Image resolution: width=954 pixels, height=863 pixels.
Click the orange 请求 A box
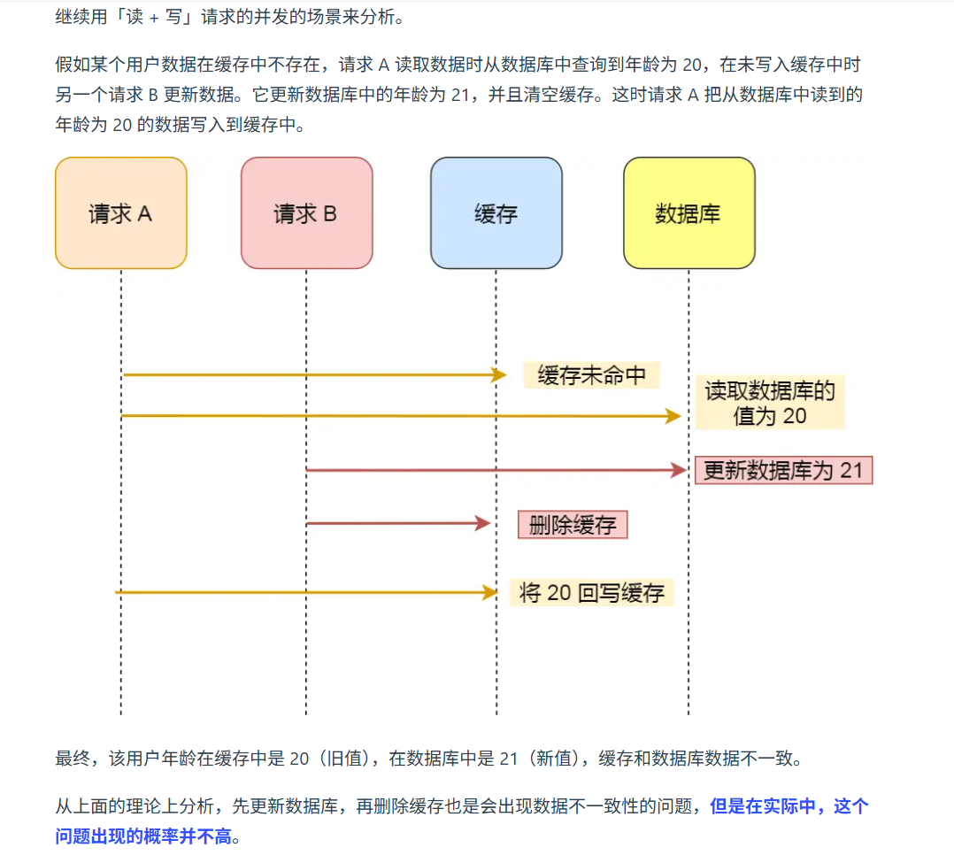pyautogui.click(x=120, y=213)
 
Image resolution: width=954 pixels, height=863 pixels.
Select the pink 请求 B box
pyautogui.click(x=306, y=213)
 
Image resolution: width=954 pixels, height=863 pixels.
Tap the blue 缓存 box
pyautogui.click(x=496, y=213)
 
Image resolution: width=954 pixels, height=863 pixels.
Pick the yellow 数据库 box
pyautogui.click(x=689, y=213)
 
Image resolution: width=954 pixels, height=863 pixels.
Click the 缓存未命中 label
pyautogui.click(x=591, y=375)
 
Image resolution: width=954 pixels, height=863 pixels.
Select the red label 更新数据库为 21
pyautogui.click(x=783, y=470)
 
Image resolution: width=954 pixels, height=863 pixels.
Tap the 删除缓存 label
pyautogui.click(x=573, y=525)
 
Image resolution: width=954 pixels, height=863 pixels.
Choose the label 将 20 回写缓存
pyautogui.click(x=591, y=592)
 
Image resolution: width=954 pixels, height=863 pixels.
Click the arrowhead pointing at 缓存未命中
pyautogui.click(x=499, y=375)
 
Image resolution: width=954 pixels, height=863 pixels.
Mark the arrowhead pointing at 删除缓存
pyautogui.click(x=483, y=524)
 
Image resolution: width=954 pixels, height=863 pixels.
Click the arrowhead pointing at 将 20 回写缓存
pyautogui.click(x=490, y=592)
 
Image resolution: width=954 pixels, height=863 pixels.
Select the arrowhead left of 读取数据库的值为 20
pyautogui.click(x=673, y=415)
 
